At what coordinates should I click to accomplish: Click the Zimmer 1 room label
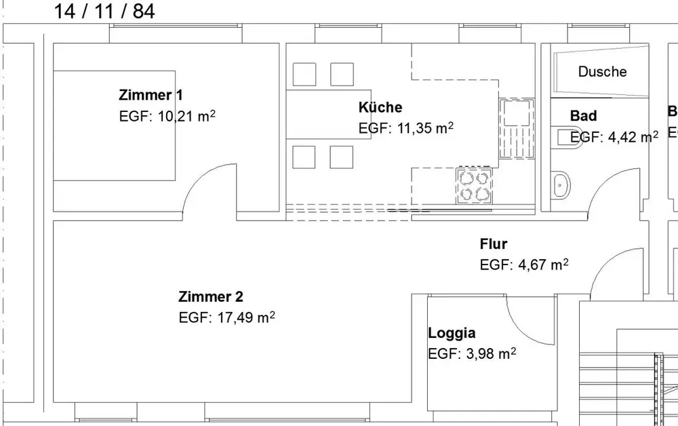tap(151, 95)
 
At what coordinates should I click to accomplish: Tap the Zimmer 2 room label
tap(211, 296)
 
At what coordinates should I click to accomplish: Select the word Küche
tap(380, 107)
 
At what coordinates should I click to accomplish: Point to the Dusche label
tap(602, 71)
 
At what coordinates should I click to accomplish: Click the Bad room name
tap(583, 116)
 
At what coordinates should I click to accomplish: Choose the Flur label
tap(493, 244)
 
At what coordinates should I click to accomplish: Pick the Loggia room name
tap(452, 333)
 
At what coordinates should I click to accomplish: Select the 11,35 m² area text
tap(425, 128)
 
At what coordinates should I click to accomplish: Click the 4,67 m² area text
tap(543, 265)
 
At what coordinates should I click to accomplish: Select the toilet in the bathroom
tap(565, 137)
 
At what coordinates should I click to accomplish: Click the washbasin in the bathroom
tap(561, 185)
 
